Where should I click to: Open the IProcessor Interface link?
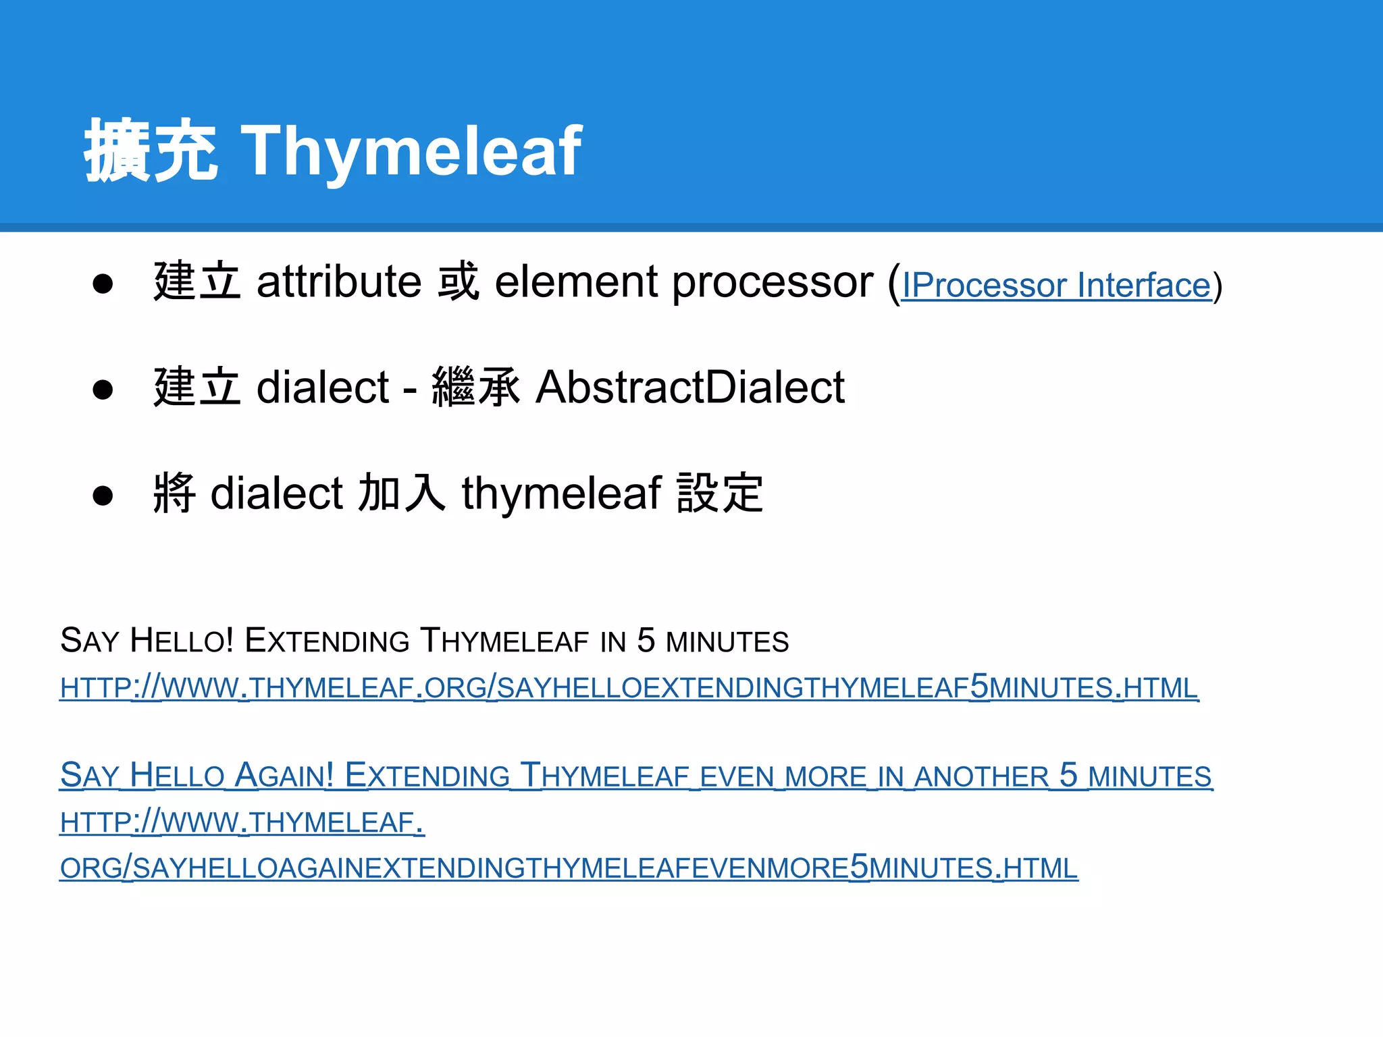(x=1057, y=285)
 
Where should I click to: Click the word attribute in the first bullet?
(x=339, y=282)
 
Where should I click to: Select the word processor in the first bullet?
(x=773, y=282)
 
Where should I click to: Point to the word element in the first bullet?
(x=576, y=282)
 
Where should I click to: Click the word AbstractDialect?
(x=689, y=388)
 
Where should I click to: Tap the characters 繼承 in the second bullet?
(x=475, y=388)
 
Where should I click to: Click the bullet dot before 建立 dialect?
(x=103, y=390)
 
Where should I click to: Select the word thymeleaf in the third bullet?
(x=561, y=494)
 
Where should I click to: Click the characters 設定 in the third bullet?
(x=720, y=494)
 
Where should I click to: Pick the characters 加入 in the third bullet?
(x=401, y=494)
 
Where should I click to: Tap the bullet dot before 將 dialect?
(x=103, y=496)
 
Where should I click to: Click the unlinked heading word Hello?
(x=182, y=640)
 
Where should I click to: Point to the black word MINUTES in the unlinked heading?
(x=727, y=642)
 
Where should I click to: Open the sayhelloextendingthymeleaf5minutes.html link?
(x=628, y=687)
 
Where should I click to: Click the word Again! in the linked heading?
(x=284, y=775)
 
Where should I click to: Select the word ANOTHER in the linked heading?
(x=981, y=777)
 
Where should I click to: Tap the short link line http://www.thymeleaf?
(x=242, y=822)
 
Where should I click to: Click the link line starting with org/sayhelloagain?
(x=569, y=868)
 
